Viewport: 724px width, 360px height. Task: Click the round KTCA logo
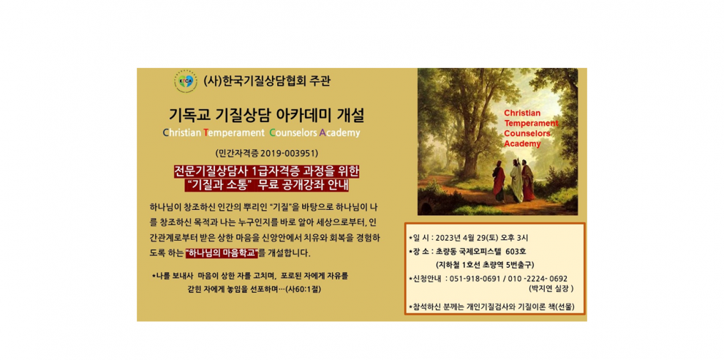click(x=185, y=82)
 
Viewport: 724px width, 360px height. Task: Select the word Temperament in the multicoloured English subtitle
click(x=233, y=134)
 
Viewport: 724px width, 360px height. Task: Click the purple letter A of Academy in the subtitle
click(x=323, y=133)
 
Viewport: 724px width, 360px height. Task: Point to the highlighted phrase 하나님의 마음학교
click(x=222, y=253)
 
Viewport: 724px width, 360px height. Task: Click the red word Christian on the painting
click(x=521, y=113)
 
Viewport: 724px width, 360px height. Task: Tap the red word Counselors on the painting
click(x=527, y=133)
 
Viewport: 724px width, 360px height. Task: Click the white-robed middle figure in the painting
click(x=516, y=181)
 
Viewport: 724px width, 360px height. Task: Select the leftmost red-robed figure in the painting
click(x=499, y=181)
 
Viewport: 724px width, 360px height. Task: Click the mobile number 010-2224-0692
click(x=537, y=278)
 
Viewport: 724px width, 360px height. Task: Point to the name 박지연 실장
click(x=551, y=289)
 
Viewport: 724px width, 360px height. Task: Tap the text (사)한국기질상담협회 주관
click(x=267, y=81)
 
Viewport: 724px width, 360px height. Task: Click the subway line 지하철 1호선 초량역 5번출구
click(x=485, y=265)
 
